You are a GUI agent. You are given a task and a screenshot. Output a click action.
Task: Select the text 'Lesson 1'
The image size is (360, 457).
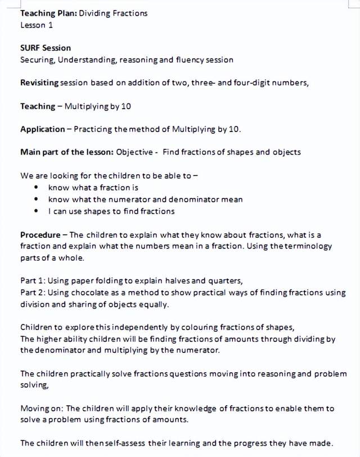[x=37, y=25]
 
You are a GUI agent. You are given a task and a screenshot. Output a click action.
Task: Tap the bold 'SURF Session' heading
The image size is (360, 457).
[x=46, y=48]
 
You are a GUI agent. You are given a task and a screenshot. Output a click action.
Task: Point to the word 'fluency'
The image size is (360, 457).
[x=190, y=60]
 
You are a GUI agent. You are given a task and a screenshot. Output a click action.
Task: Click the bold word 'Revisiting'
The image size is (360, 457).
[x=39, y=83]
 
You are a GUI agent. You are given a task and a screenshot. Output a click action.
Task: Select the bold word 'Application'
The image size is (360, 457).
[x=43, y=129]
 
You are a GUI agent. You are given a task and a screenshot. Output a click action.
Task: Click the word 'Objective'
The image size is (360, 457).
[x=137, y=152]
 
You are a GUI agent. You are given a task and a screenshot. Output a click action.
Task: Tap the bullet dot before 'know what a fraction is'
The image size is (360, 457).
[x=36, y=188]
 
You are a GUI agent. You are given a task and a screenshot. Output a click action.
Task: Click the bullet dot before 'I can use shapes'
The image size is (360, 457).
[x=36, y=211]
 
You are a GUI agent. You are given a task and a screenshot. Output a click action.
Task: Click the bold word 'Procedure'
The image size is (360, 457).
[x=40, y=234]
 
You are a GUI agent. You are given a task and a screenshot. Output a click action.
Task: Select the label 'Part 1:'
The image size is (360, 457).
[x=33, y=281]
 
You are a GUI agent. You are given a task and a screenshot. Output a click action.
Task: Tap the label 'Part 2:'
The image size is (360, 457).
[x=33, y=292]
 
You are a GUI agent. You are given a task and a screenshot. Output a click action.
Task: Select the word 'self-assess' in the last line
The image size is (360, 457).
[x=124, y=443]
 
